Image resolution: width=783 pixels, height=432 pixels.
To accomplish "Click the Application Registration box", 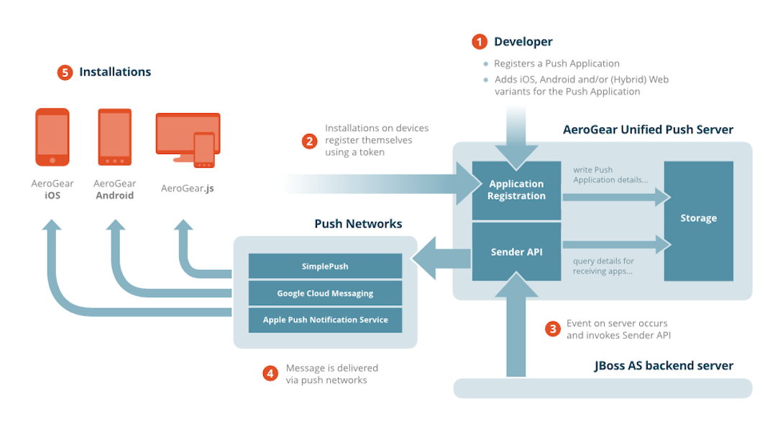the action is click(516, 190).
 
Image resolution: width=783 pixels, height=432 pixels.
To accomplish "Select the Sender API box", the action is click(516, 251).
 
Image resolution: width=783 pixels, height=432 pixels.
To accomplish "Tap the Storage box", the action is click(698, 220).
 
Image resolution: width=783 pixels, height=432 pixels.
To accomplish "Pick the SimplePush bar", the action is click(325, 266).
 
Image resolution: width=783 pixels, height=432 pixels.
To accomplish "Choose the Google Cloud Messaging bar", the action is click(325, 293).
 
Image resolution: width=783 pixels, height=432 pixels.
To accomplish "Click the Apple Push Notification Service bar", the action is click(325, 320).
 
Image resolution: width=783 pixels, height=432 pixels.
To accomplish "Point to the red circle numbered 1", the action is click(480, 42).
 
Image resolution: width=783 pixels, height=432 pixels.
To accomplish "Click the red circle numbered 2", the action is click(310, 141).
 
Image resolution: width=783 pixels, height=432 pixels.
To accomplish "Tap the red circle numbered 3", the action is click(552, 329).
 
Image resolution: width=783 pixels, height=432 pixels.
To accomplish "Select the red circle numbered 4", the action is click(270, 373).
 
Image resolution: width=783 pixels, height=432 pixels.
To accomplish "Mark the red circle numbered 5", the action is click(65, 73).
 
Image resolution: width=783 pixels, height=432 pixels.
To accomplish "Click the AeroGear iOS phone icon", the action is click(52, 137).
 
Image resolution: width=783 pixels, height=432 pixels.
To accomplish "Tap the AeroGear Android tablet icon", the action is click(115, 137).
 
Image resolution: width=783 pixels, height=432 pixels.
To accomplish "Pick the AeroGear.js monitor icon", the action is click(188, 140).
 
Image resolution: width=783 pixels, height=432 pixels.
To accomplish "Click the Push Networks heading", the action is click(358, 223).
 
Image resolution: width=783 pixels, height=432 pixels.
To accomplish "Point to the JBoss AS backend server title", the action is click(664, 366).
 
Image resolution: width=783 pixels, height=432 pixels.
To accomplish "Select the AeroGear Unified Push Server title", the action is click(648, 130).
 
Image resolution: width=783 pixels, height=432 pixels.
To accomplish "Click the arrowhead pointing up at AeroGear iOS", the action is click(52, 225).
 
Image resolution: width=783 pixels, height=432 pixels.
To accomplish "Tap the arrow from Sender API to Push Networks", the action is click(441, 258).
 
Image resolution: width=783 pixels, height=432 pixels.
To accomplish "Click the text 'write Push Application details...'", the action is click(610, 175).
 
